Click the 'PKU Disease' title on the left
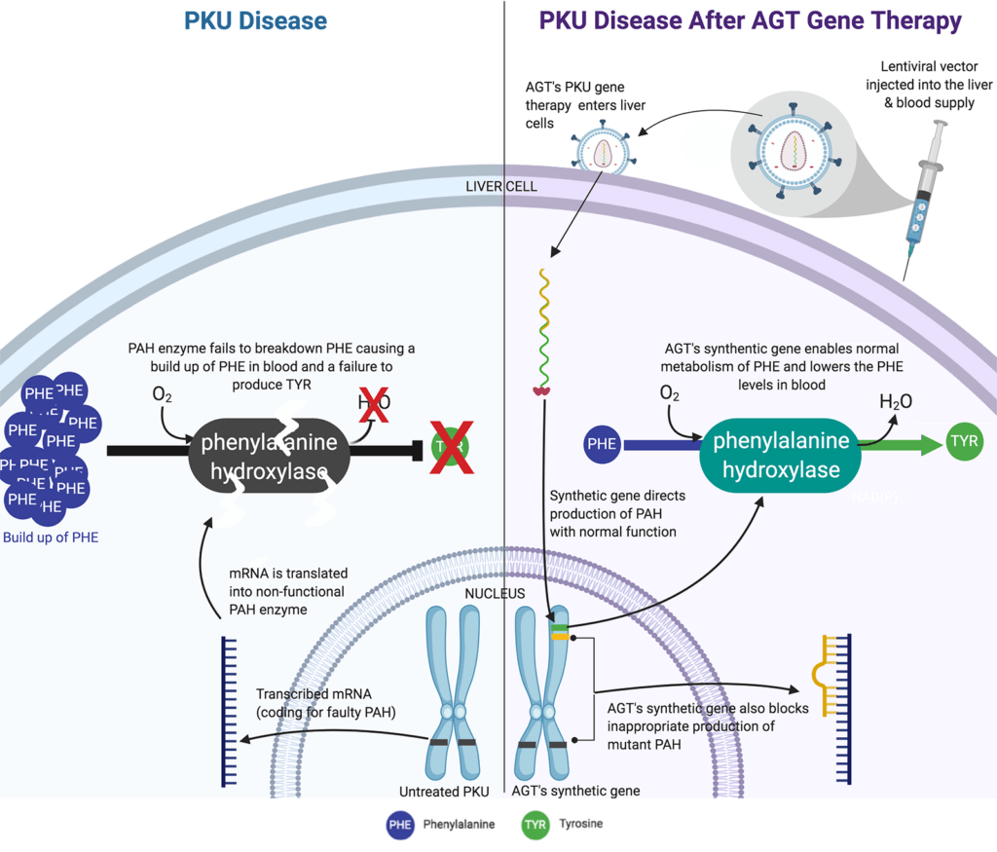click(250, 20)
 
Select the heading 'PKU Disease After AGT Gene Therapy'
click(751, 20)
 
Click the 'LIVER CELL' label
click(503, 186)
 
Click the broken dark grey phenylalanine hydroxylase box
click(269, 457)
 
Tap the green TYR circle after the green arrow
click(963, 441)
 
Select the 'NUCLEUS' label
click(494, 593)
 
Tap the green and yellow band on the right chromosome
click(558, 632)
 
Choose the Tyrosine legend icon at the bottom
click(535, 825)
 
